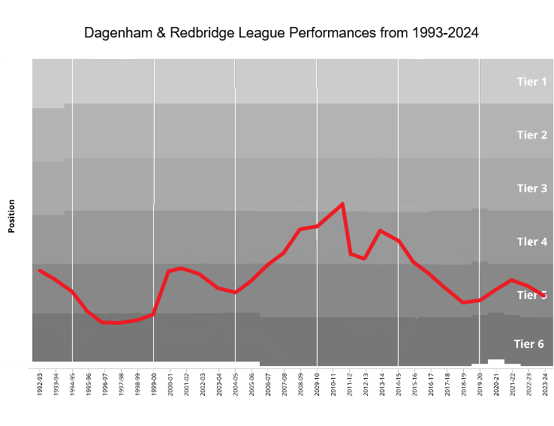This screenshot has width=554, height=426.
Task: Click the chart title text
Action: tap(281, 34)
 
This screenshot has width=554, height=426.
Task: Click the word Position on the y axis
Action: tap(12, 216)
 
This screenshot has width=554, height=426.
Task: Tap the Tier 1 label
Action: tap(531, 82)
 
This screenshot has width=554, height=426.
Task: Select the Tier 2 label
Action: tap(531, 135)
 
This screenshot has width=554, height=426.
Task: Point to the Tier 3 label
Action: tap(531, 188)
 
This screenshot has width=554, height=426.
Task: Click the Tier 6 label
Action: tap(528, 344)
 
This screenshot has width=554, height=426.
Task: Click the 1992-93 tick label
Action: tap(40, 383)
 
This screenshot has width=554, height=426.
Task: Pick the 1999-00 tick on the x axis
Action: tap(154, 383)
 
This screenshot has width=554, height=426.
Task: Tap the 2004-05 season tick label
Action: tap(236, 383)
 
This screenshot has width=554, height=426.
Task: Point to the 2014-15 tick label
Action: tap(399, 383)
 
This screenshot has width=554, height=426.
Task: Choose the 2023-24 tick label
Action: tap(545, 383)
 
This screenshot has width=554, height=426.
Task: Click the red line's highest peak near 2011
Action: tap(342, 203)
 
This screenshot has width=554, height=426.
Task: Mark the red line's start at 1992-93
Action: tap(40, 270)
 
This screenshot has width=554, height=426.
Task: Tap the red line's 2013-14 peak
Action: tap(381, 231)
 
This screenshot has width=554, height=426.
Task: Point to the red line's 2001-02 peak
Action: tap(182, 268)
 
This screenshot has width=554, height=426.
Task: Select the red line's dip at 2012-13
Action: tap(364, 259)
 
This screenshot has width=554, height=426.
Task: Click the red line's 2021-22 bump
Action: tap(512, 280)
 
